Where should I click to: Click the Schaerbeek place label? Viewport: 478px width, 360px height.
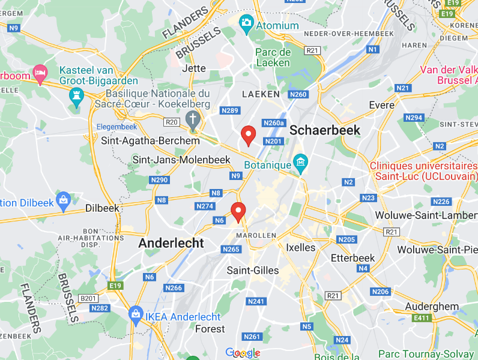(325, 130)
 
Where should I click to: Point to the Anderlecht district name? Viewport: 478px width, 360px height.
(171, 243)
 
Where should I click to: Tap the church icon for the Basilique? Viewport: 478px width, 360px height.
(193, 119)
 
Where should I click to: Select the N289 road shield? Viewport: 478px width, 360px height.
(230, 110)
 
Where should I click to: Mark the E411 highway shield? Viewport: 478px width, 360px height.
(422, 318)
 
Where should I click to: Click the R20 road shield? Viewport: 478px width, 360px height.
(172, 122)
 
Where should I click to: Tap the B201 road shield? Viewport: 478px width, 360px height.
(88, 298)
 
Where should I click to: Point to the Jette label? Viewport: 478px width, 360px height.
(193, 68)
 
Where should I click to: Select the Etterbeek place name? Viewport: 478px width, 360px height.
(353, 258)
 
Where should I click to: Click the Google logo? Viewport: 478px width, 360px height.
(243, 353)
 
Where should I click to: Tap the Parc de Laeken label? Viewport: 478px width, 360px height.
(273, 57)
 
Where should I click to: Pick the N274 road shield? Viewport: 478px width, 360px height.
(205, 206)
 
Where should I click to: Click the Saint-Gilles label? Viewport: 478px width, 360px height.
(253, 271)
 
